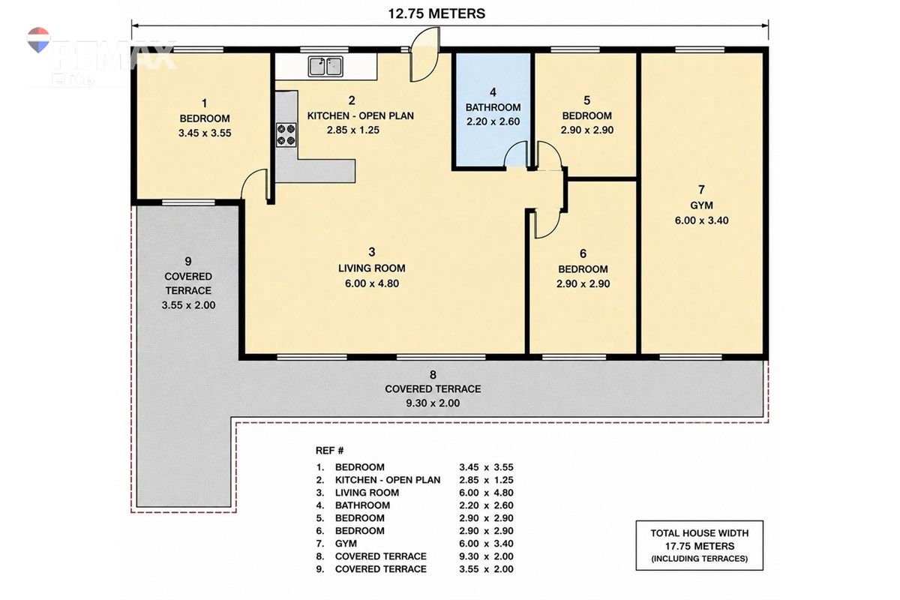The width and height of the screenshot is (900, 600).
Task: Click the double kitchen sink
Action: coord(325,66)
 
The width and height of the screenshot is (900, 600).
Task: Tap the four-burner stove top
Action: coord(286,135)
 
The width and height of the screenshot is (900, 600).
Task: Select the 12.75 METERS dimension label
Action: coord(436,13)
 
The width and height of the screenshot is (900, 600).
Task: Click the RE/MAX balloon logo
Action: coord(38,40)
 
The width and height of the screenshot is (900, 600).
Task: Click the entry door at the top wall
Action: coord(425,55)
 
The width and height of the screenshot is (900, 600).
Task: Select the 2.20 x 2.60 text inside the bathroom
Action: coord(493,121)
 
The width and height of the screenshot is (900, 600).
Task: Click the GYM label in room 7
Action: coord(701,205)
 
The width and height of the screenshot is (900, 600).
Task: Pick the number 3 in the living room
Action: coord(372,252)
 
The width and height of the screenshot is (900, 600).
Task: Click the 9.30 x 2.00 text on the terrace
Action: coord(433,403)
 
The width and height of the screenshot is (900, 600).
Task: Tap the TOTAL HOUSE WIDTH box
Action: coord(700,545)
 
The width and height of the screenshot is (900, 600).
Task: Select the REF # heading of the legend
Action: coord(329,451)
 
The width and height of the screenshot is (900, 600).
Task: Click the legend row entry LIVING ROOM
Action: coord(367,493)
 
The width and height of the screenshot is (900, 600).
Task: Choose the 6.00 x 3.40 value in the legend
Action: coord(486,543)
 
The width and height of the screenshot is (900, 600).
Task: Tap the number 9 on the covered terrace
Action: coord(188,261)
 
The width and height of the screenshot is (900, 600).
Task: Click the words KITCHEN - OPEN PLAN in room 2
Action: coord(361,115)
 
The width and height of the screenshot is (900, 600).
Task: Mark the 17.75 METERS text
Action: coord(700,546)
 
